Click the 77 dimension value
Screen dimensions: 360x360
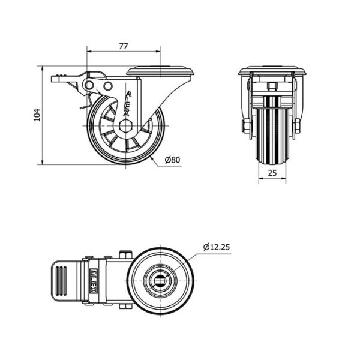(x=123, y=46)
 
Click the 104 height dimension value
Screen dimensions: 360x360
(x=37, y=115)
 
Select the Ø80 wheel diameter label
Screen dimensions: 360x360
(x=173, y=160)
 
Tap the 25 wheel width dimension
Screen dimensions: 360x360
(x=272, y=173)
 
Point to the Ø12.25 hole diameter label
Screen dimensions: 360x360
(x=216, y=247)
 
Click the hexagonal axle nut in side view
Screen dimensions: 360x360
(x=125, y=126)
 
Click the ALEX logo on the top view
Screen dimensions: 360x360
(x=93, y=281)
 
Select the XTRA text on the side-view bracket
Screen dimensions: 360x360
(x=128, y=104)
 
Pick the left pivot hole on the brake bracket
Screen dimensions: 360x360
(x=89, y=85)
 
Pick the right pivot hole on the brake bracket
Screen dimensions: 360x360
(x=107, y=86)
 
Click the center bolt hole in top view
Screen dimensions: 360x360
(x=160, y=281)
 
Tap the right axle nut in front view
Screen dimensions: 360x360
(x=298, y=126)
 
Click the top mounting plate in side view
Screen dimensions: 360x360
(x=160, y=71)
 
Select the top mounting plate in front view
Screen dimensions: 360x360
(x=272, y=71)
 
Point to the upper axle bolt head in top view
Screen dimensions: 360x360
(x=126, y=255)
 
